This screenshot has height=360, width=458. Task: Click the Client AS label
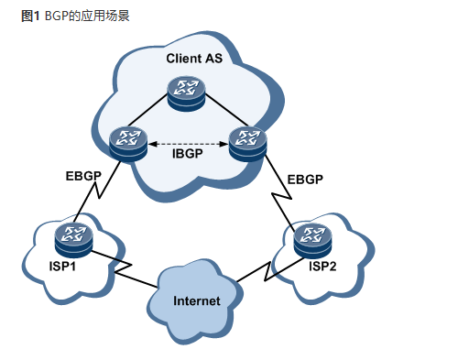click(x=194, y=59)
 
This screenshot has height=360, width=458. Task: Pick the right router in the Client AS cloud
click(x=245, y=144)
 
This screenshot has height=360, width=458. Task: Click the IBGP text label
click(x=187, y=154)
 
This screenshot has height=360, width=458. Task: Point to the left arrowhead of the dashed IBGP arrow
click(x=151, y=143)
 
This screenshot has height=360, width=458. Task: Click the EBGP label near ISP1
click(x=84, y=175)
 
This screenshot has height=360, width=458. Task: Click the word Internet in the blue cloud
click(x=197, y=300)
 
